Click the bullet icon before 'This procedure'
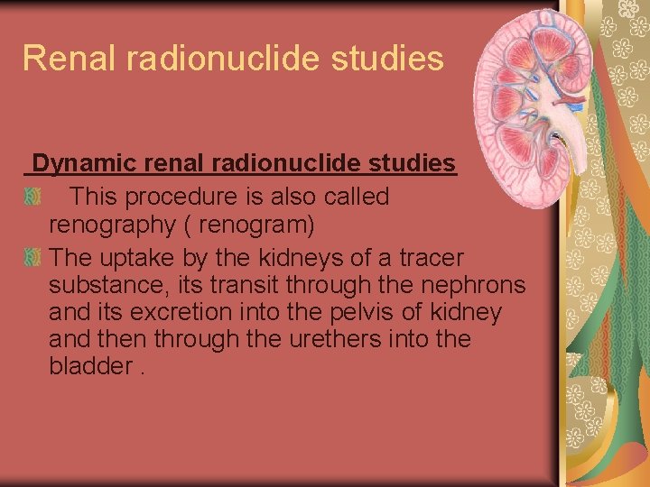pos(33,197)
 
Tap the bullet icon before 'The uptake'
pos(33,258)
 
